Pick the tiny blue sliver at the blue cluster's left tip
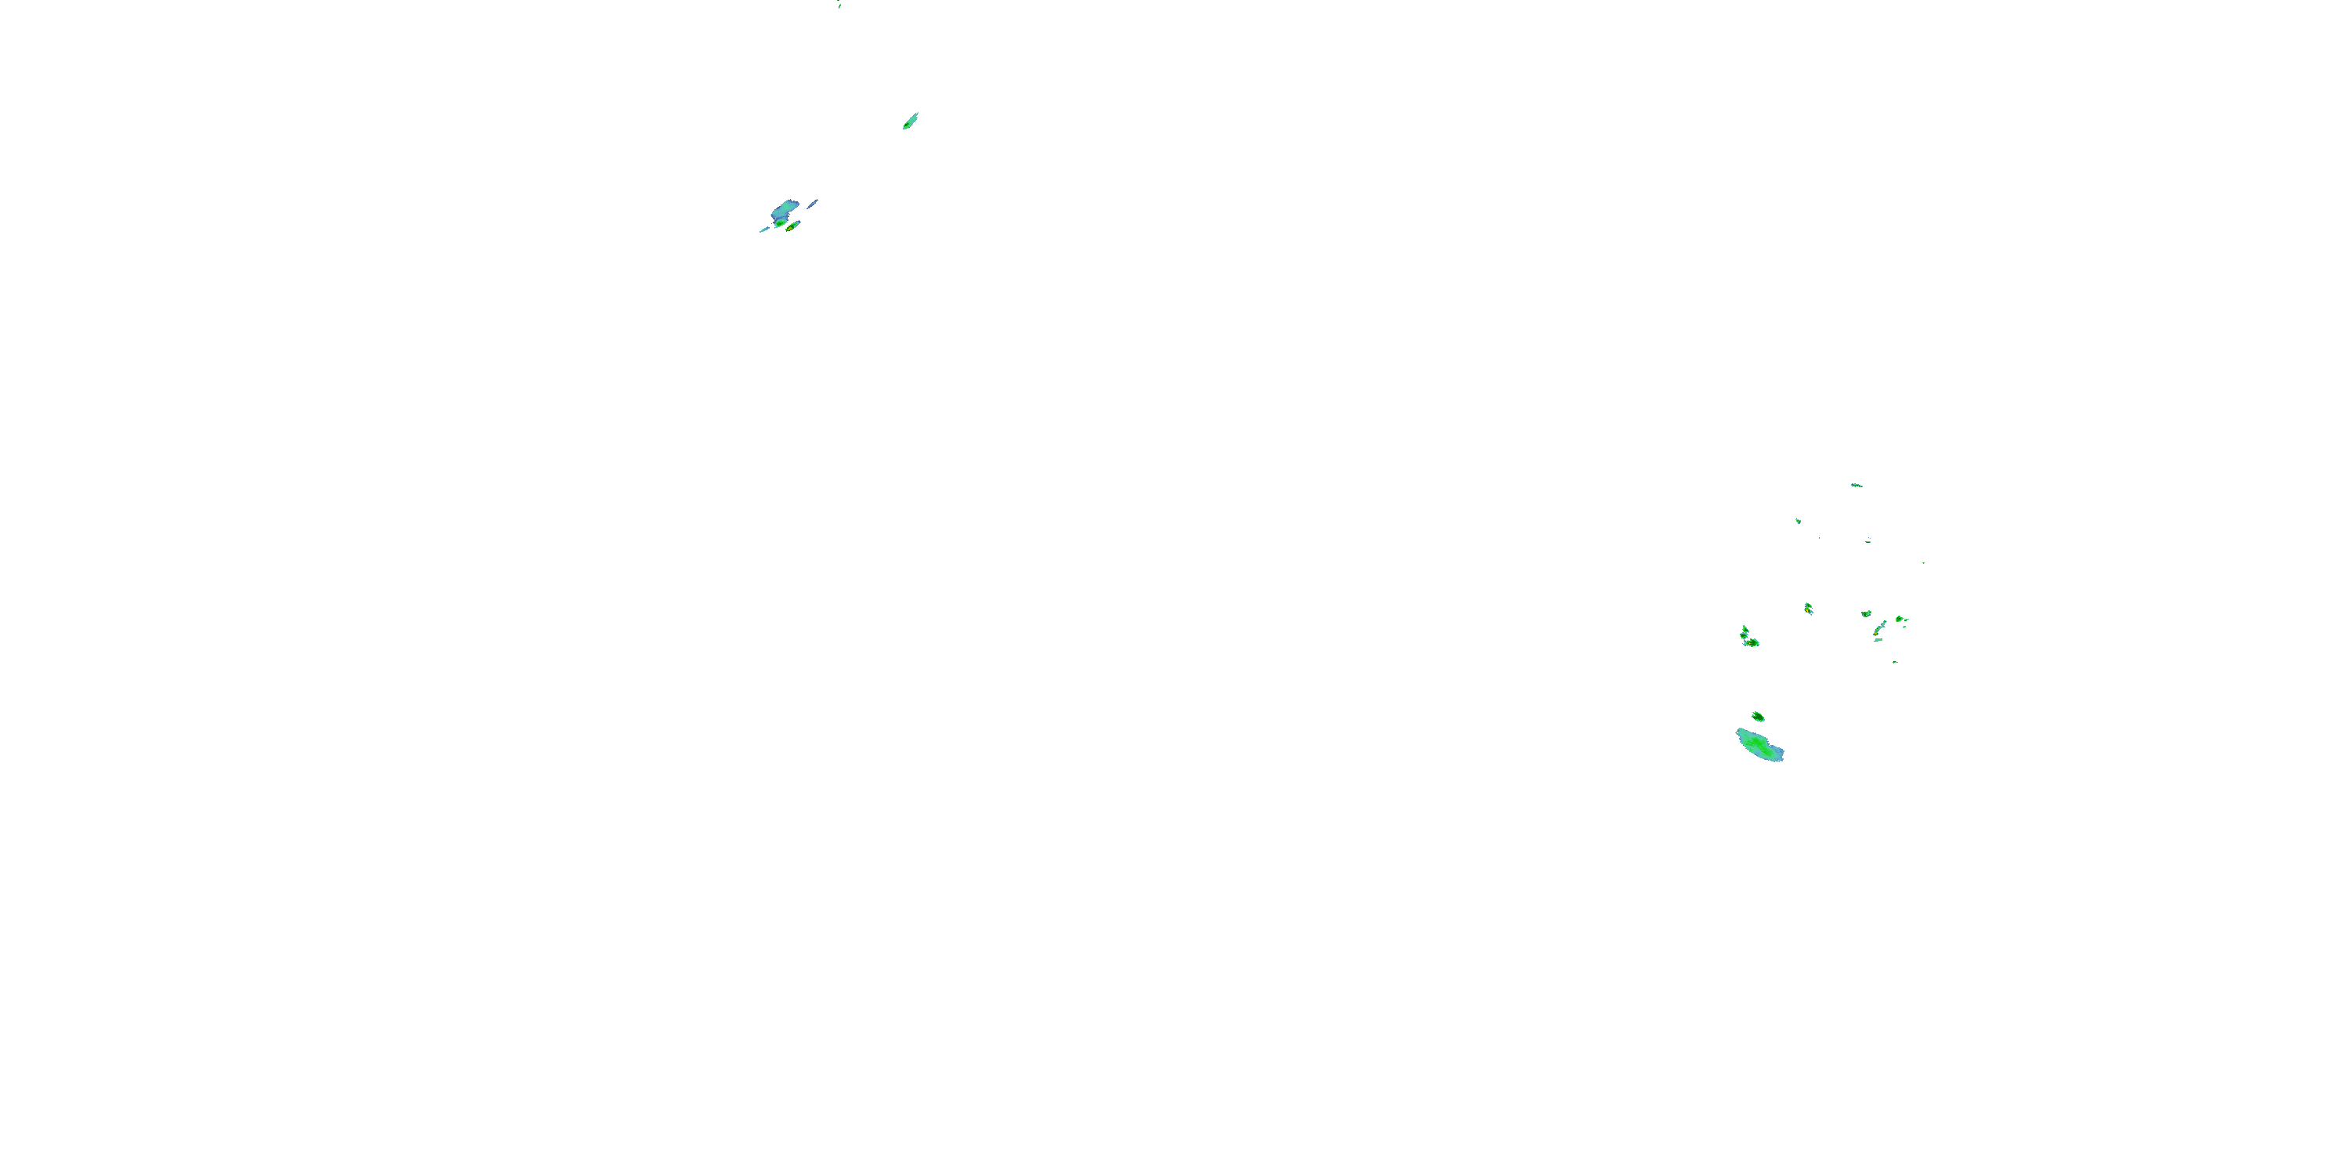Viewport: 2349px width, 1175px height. (x=764, y=230)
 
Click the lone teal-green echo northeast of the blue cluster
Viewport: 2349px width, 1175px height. (x=910, y=121)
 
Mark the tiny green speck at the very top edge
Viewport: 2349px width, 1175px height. (x=839, y=5)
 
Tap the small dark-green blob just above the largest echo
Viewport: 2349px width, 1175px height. (x=1757, y=716)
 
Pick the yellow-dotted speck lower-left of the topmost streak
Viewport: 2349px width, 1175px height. (x=1799, y=521)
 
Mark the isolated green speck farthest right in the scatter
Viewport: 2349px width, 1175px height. (x=1923, y=563)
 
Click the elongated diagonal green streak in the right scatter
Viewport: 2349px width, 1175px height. (x=1880, y=628)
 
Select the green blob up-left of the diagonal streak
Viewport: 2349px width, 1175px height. (x=1866, y=614)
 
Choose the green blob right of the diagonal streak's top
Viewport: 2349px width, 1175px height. (x=1900, y=620)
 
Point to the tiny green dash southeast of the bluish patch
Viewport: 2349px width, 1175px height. (x=1895, y=661)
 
